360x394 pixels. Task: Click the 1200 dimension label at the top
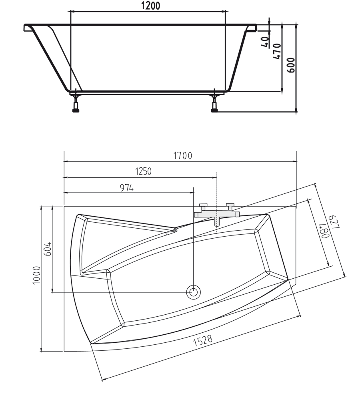click(x=150, y=6)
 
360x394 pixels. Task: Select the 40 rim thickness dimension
click(x=265, y=41)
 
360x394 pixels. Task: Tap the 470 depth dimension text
click(x=277, y=51)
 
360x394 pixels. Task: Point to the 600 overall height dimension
click(x=291, y=65)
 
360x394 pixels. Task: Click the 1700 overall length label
click(x=182, y=156)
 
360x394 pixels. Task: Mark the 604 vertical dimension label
click(x=48, y=250)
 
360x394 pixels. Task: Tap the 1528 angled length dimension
click(x=202, y=340)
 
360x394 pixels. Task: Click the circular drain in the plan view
click(x=193, y=291)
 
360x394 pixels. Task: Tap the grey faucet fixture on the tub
click(x=216, y=214)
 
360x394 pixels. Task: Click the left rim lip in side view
click(x=28, y=28)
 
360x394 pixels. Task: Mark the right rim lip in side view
click(x=252, y=28)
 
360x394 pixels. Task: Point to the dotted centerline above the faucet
click(x=216, y=188)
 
